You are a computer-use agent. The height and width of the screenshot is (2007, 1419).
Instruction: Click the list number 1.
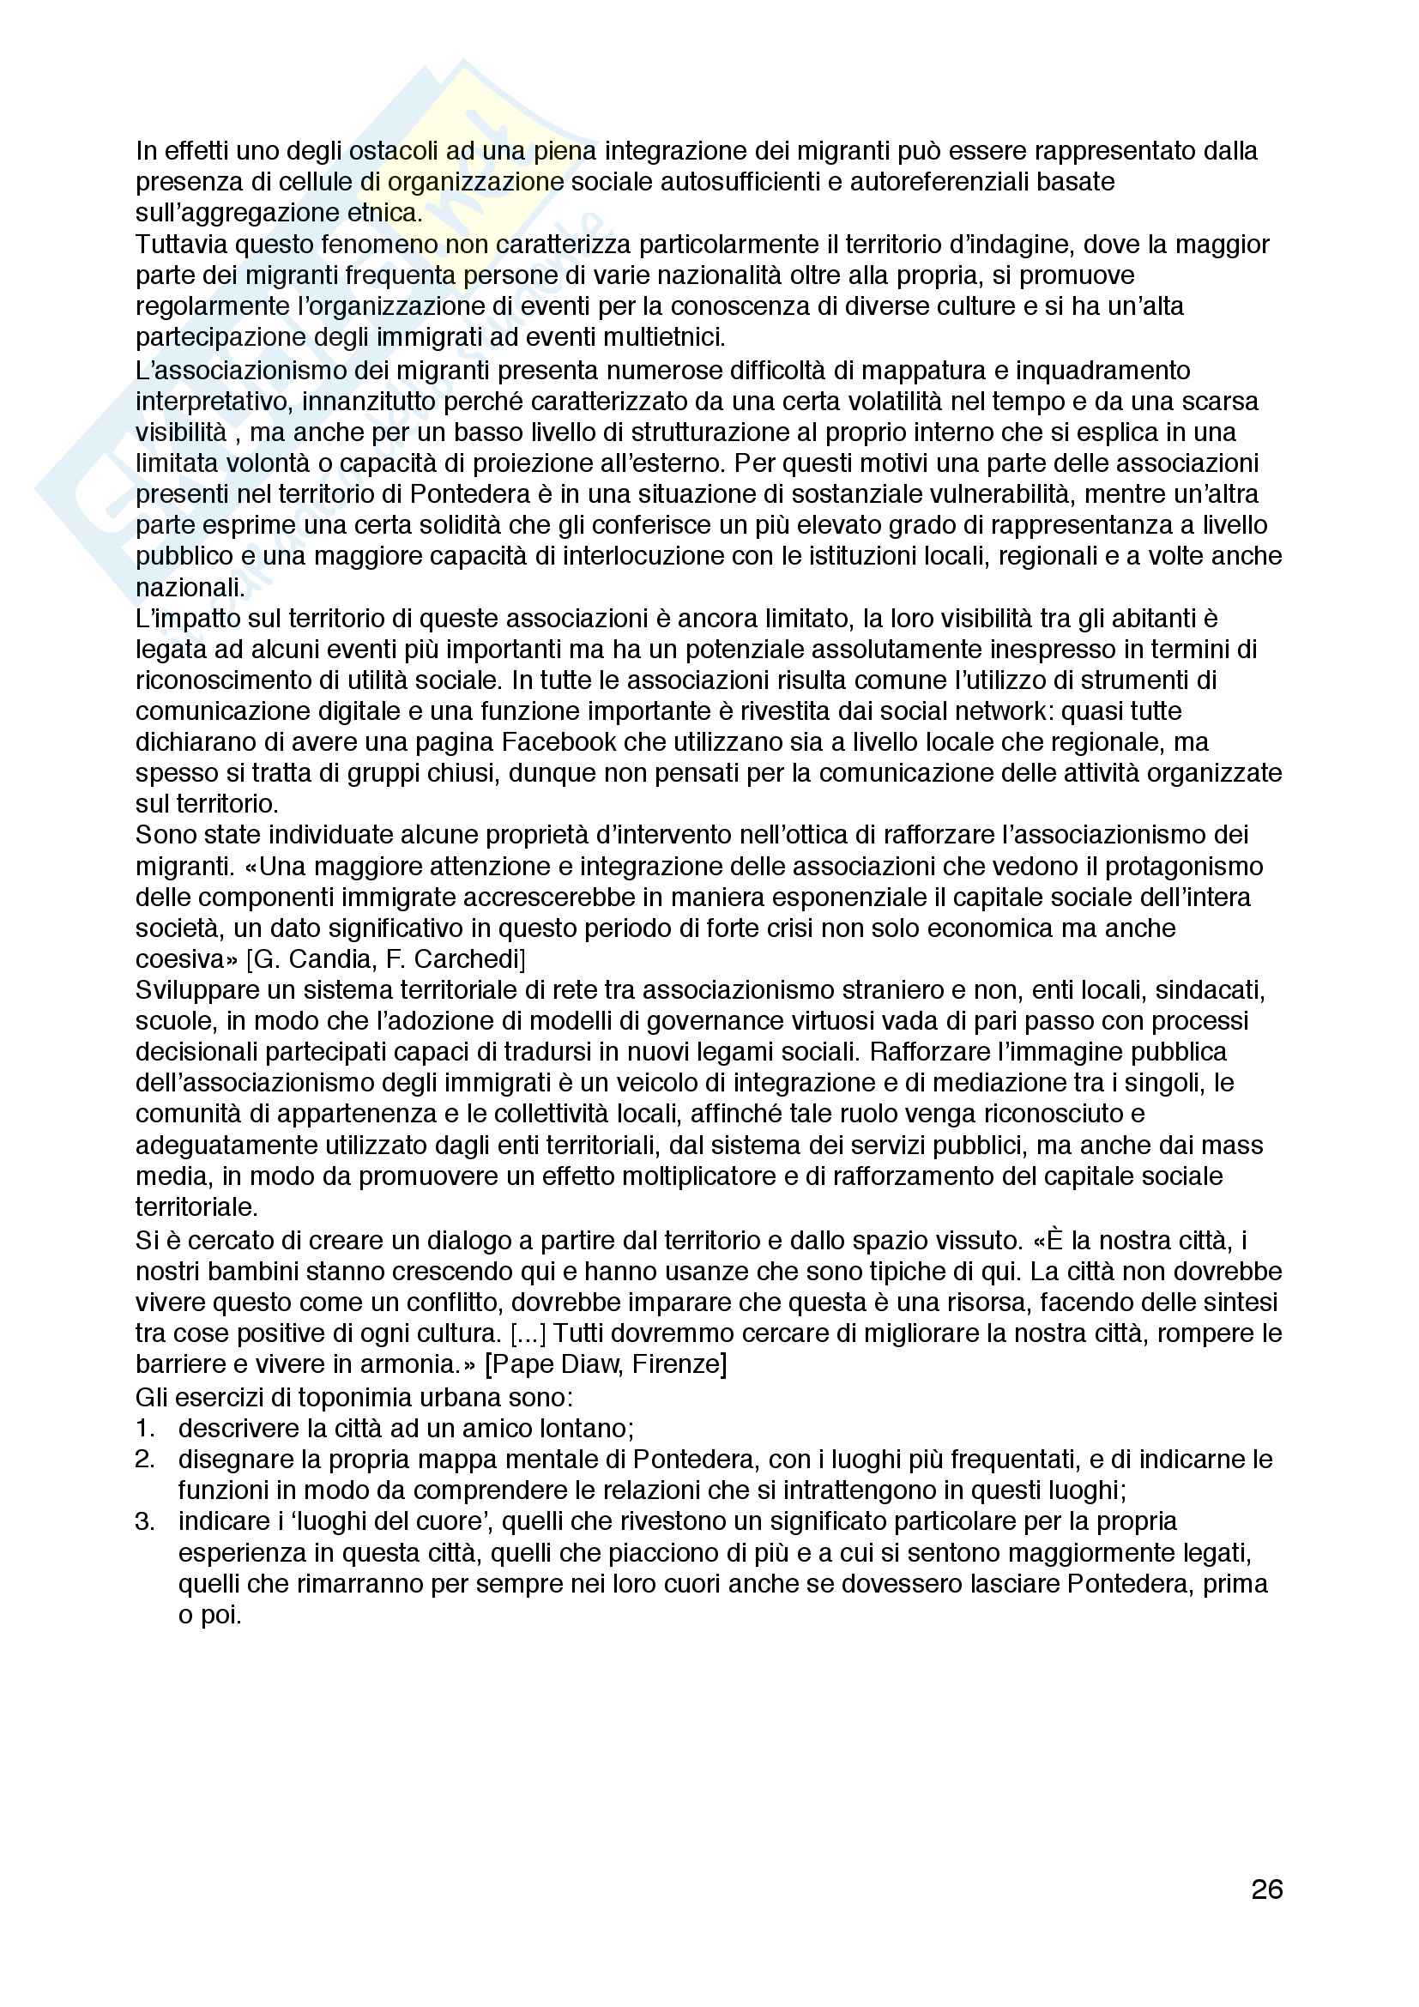[145, 1429]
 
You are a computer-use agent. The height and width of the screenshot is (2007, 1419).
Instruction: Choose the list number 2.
[145, 1459]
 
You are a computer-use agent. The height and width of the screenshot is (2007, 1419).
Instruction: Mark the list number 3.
[145, 1521]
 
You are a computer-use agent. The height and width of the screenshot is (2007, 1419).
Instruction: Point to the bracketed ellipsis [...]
[528, 1333]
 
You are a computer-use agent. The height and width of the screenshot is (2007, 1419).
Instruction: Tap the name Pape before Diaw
[523, 1363]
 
